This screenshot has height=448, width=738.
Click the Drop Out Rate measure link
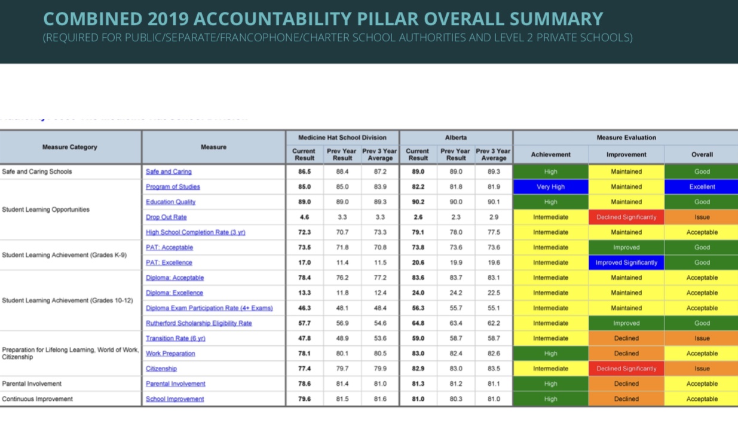pyautogui.click(x=166, y=217)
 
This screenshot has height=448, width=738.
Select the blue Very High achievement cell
pyautogui.click(x=550, y=186)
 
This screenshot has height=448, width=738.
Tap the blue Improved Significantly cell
pyautogui.click(x=626, y=262)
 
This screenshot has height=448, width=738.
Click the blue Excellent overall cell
pyautogui.click(x=702, y=186)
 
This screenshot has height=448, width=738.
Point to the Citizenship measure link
pyautogui.click(x=161, y=369)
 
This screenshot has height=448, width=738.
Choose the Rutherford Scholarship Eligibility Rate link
pyautogui.click(x=198, y=323)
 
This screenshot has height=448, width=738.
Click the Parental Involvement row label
pyautogui.click(x=32, y=383)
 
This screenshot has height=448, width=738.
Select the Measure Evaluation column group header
pyautogui.click(x=626, y=137)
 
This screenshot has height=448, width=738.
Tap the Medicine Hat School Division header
pyautogui.click(x=342, y=137)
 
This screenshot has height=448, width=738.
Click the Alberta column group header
pyautogui.click(x=456, y=137)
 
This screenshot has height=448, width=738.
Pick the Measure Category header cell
pyautogui.click(x=69, y=147)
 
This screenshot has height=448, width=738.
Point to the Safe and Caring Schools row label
pyautogui.click(x=37, y=171)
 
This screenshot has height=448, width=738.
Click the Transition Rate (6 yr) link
pyautogui.click(x=175, y=338)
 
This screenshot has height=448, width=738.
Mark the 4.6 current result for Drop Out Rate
pyautogui.click(x=304, y=217)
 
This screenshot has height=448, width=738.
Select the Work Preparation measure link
pyautogui.click(x=170, y=353)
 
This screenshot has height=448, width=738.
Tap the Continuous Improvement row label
pyautogui.click(x=37, y=398)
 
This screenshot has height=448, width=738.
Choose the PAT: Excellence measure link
pyautogui.click(x=169, y=262)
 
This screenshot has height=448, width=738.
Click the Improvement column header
pyautogui.click(x=626, y=154)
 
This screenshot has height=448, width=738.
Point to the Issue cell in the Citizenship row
pyautogui.click(x=702, y=369)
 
